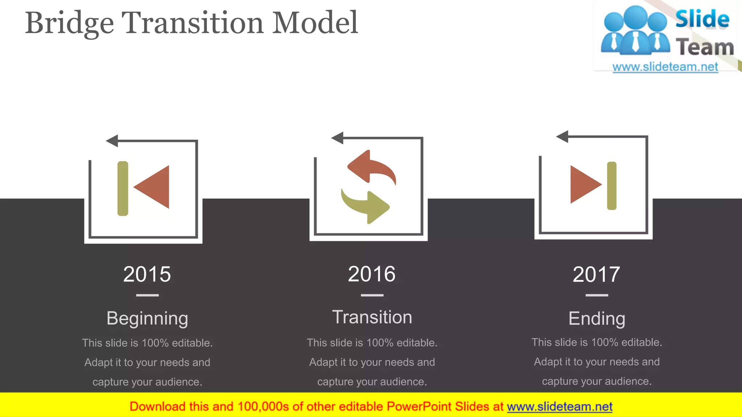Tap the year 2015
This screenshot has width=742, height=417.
[147, 274]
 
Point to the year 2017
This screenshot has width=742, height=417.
[596, 274]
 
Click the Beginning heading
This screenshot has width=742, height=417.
[147, 319]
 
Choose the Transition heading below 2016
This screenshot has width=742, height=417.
[372, 317]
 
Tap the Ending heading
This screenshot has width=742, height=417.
[597, 319]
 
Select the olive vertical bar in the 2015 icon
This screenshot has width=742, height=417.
[123, 188]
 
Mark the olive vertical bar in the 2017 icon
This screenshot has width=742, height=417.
[612, 186]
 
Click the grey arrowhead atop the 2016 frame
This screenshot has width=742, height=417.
[338, 138]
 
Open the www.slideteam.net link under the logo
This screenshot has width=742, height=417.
[665, 67]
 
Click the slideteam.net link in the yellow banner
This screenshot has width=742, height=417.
[559, 407]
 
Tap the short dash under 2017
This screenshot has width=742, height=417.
[597, 295]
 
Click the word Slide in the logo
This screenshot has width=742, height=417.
[702, 19]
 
